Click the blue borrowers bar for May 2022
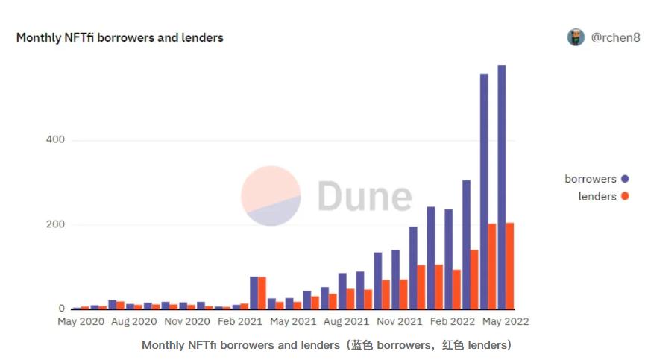[502, 186]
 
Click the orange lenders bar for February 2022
[456, 289]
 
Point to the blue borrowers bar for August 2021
[342, 291]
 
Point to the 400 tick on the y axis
[55, 140]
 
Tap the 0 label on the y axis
[62, 309]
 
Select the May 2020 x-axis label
[81, 322]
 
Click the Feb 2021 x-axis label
[240, 322]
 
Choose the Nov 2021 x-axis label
[399, 322]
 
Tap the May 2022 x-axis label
[504, 322]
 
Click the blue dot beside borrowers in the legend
[625, 179]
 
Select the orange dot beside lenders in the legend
[625, 197]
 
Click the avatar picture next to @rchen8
[576, 37]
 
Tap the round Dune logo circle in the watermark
[271, 196]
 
